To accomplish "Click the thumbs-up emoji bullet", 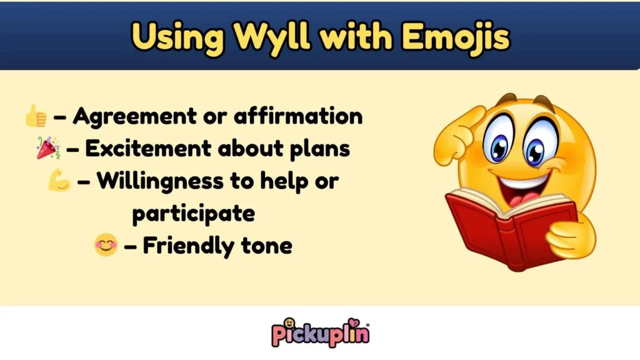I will pyautogui.click(x=36, y=116).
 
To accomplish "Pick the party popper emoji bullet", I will pyautogui.click(x=48, y=148).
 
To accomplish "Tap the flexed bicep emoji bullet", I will pyautogui.click(x=59, y=181).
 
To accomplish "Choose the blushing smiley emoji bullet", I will pyautogui.click(x=106, y=246).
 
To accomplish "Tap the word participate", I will pyautogui.click(x=193, y=213).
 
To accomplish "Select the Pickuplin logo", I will pyautogui.click(x=320, y=332).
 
